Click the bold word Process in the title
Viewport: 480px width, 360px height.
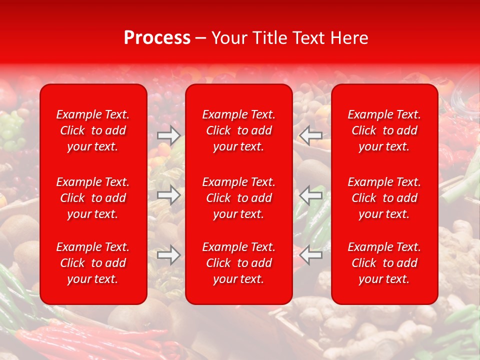[157, 38]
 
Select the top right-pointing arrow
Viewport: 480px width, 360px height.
[168, 135]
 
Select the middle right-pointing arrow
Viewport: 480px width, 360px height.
[168, 195]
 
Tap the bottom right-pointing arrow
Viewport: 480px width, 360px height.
[168, 255]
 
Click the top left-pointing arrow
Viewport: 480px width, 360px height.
[311, 135]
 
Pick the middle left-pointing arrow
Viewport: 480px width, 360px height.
[311, 195]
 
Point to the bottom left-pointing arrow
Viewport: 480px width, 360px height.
[311, 255]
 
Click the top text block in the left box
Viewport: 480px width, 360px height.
[93, 130]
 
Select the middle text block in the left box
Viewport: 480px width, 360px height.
[93, 198]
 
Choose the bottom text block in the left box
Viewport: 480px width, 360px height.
[93, 263]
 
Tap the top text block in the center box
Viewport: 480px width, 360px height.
[239, 130]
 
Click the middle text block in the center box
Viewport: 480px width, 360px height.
[239, 198]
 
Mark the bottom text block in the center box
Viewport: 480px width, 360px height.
[239, 263]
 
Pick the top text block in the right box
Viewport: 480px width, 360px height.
[384, 130]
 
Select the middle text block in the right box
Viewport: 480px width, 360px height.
[384, 198]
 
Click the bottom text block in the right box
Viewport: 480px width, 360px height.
[384, 263]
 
